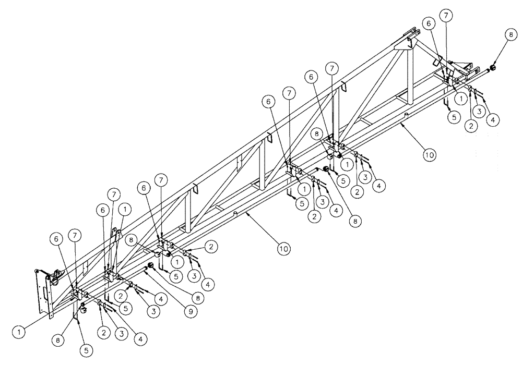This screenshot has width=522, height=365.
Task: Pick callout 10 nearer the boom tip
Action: point(428,155)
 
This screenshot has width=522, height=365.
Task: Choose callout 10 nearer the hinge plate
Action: point(282,249)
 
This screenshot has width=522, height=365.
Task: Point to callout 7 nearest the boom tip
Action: point(445,16)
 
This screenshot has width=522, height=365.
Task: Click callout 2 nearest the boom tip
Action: point(470,125)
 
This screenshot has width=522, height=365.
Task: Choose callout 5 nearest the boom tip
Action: point(454,118)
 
